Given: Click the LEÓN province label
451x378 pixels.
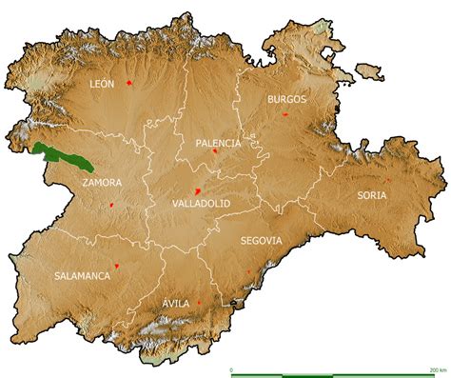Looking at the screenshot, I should (101, 84).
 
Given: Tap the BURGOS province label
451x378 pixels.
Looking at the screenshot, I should (287, 99).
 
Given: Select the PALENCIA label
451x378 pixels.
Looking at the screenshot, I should (219, 143).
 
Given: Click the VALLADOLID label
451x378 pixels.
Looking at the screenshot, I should (202, 203).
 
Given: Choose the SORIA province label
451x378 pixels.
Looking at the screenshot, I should (372, 195).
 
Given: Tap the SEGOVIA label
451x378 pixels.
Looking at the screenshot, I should (262, 241).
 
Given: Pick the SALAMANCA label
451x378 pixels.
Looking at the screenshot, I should (82, 275).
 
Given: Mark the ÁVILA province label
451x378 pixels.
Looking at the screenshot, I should (176, 303).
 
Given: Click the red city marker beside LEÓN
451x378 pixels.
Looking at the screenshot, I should (127, 83).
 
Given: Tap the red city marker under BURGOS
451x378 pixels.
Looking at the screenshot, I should (284, 114).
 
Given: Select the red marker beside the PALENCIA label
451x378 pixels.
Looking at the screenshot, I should (216, 150).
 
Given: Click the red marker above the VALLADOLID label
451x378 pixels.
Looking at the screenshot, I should (198, 189).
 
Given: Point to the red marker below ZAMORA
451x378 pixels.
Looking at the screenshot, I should (111, 205).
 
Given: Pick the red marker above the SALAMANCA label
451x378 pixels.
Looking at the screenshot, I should (116, 266).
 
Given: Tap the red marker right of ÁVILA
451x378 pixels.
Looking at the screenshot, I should (199, 303).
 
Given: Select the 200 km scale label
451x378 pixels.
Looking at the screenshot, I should (439, 368).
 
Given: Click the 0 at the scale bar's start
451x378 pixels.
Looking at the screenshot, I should (232, 368).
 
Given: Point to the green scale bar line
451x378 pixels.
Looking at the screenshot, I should (333, 375).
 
